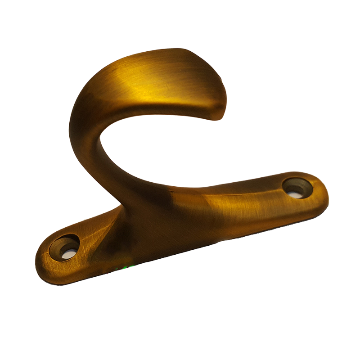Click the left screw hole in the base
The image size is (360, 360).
[64, 247]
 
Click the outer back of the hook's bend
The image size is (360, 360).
[74, 112]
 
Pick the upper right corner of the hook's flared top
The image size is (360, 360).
[198, 52]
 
